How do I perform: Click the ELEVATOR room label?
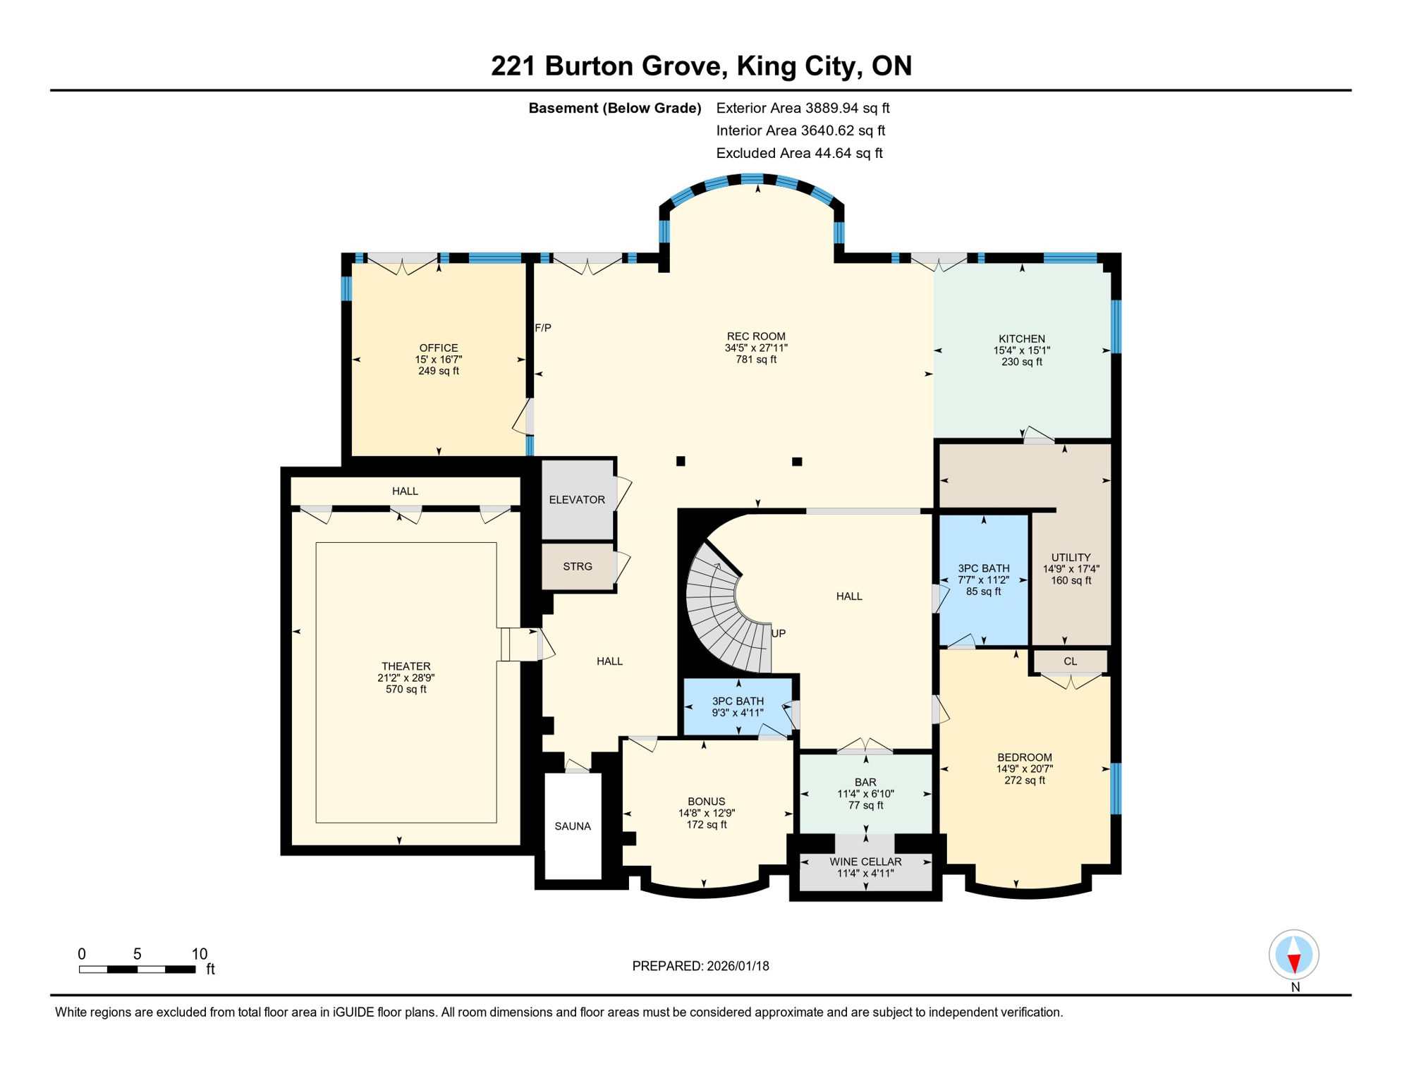pyautogui.click(x=577, y=500)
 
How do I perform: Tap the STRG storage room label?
pyautogui.click(x=578, y=566)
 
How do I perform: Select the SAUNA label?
pyautogui.click(x=573, y=826)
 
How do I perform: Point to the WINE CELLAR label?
pyautogui.click(x=865, y=862)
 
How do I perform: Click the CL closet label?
pyautogui.click(x=1071, y=661)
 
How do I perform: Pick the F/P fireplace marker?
pyautogui.click(x=543, y=328)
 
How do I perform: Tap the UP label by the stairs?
pyautogui.click(x=779, y=633)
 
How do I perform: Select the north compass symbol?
pyautogui.click(x=1294, y=955)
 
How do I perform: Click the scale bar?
pyautogui.click(x=137, y=969)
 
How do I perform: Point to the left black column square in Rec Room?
pyautogui.click(x=681, y=461)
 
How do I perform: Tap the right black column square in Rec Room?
pyautogui.click(x=797, y=462)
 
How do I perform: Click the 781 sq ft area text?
pyautogui.click(x=756, y=360)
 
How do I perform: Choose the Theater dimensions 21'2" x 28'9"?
pyautogui.click(x=406, y=678)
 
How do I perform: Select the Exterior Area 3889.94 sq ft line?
pyautogui.click(x=803, y=108)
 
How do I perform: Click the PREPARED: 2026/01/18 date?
pyautogui.click(x=700, y=966)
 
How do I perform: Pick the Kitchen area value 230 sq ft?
pyautogui.click(x=1022, y=362)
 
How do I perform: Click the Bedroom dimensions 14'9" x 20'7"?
pyautogui.click(x=1025, y=769)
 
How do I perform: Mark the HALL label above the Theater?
pyautogui.click(x=405, y=491)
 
